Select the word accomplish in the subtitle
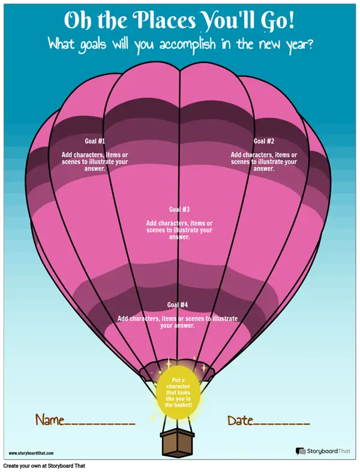point(188,45)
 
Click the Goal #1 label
point(95,141)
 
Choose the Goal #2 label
point(264,141)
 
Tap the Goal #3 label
point(179,209)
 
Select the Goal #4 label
point(178,304)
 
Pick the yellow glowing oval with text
point(178,393)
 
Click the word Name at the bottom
point(50,419)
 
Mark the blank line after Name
point(100,424)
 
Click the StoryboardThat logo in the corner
point(323,451)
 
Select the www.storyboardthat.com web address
point(31,453)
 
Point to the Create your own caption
point(44,466)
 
